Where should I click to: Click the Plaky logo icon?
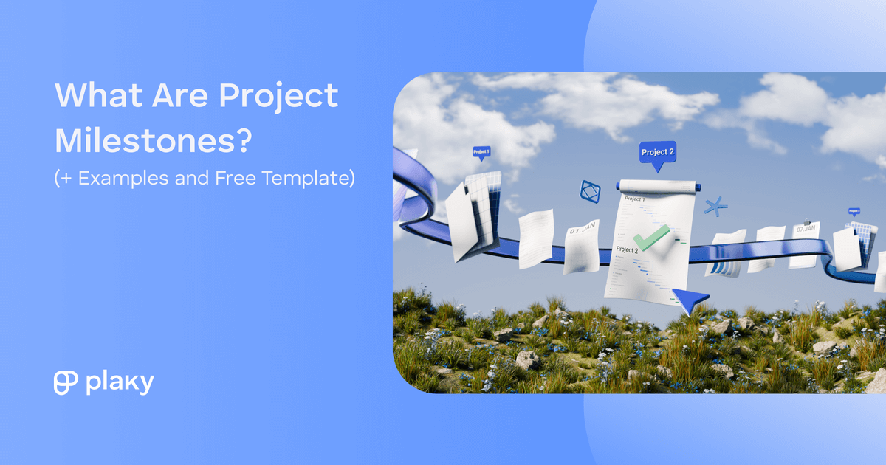coord(66,382)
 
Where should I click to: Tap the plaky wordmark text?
coord(119,383)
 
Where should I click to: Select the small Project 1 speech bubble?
coord(481,152)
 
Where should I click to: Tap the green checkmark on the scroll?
coord(651,238)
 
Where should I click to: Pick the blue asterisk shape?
coord(714,206)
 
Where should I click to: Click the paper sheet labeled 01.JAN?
coord(583,246)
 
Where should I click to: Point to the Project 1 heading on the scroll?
coord(634,199)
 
